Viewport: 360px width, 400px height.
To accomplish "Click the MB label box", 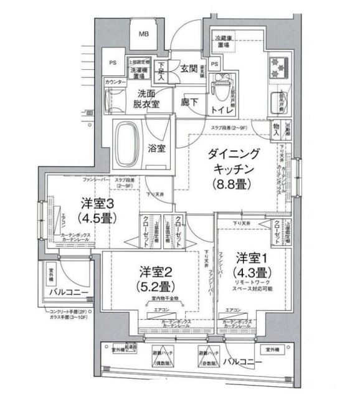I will pyautogui.click(x=143, y=34).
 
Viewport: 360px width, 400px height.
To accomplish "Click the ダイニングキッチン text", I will pyautogui.click(x=233, y=161).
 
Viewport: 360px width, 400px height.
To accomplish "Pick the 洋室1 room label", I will pyautogui.click(x=252, y=257).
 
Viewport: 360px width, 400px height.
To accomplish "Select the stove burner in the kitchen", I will pyautogui.click(x=277, y=66).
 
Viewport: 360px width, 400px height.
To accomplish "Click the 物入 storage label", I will pyautogui.click(x=276, y=127).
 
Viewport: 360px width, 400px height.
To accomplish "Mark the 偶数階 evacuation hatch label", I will pyautogui.click(x=160, y=362).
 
